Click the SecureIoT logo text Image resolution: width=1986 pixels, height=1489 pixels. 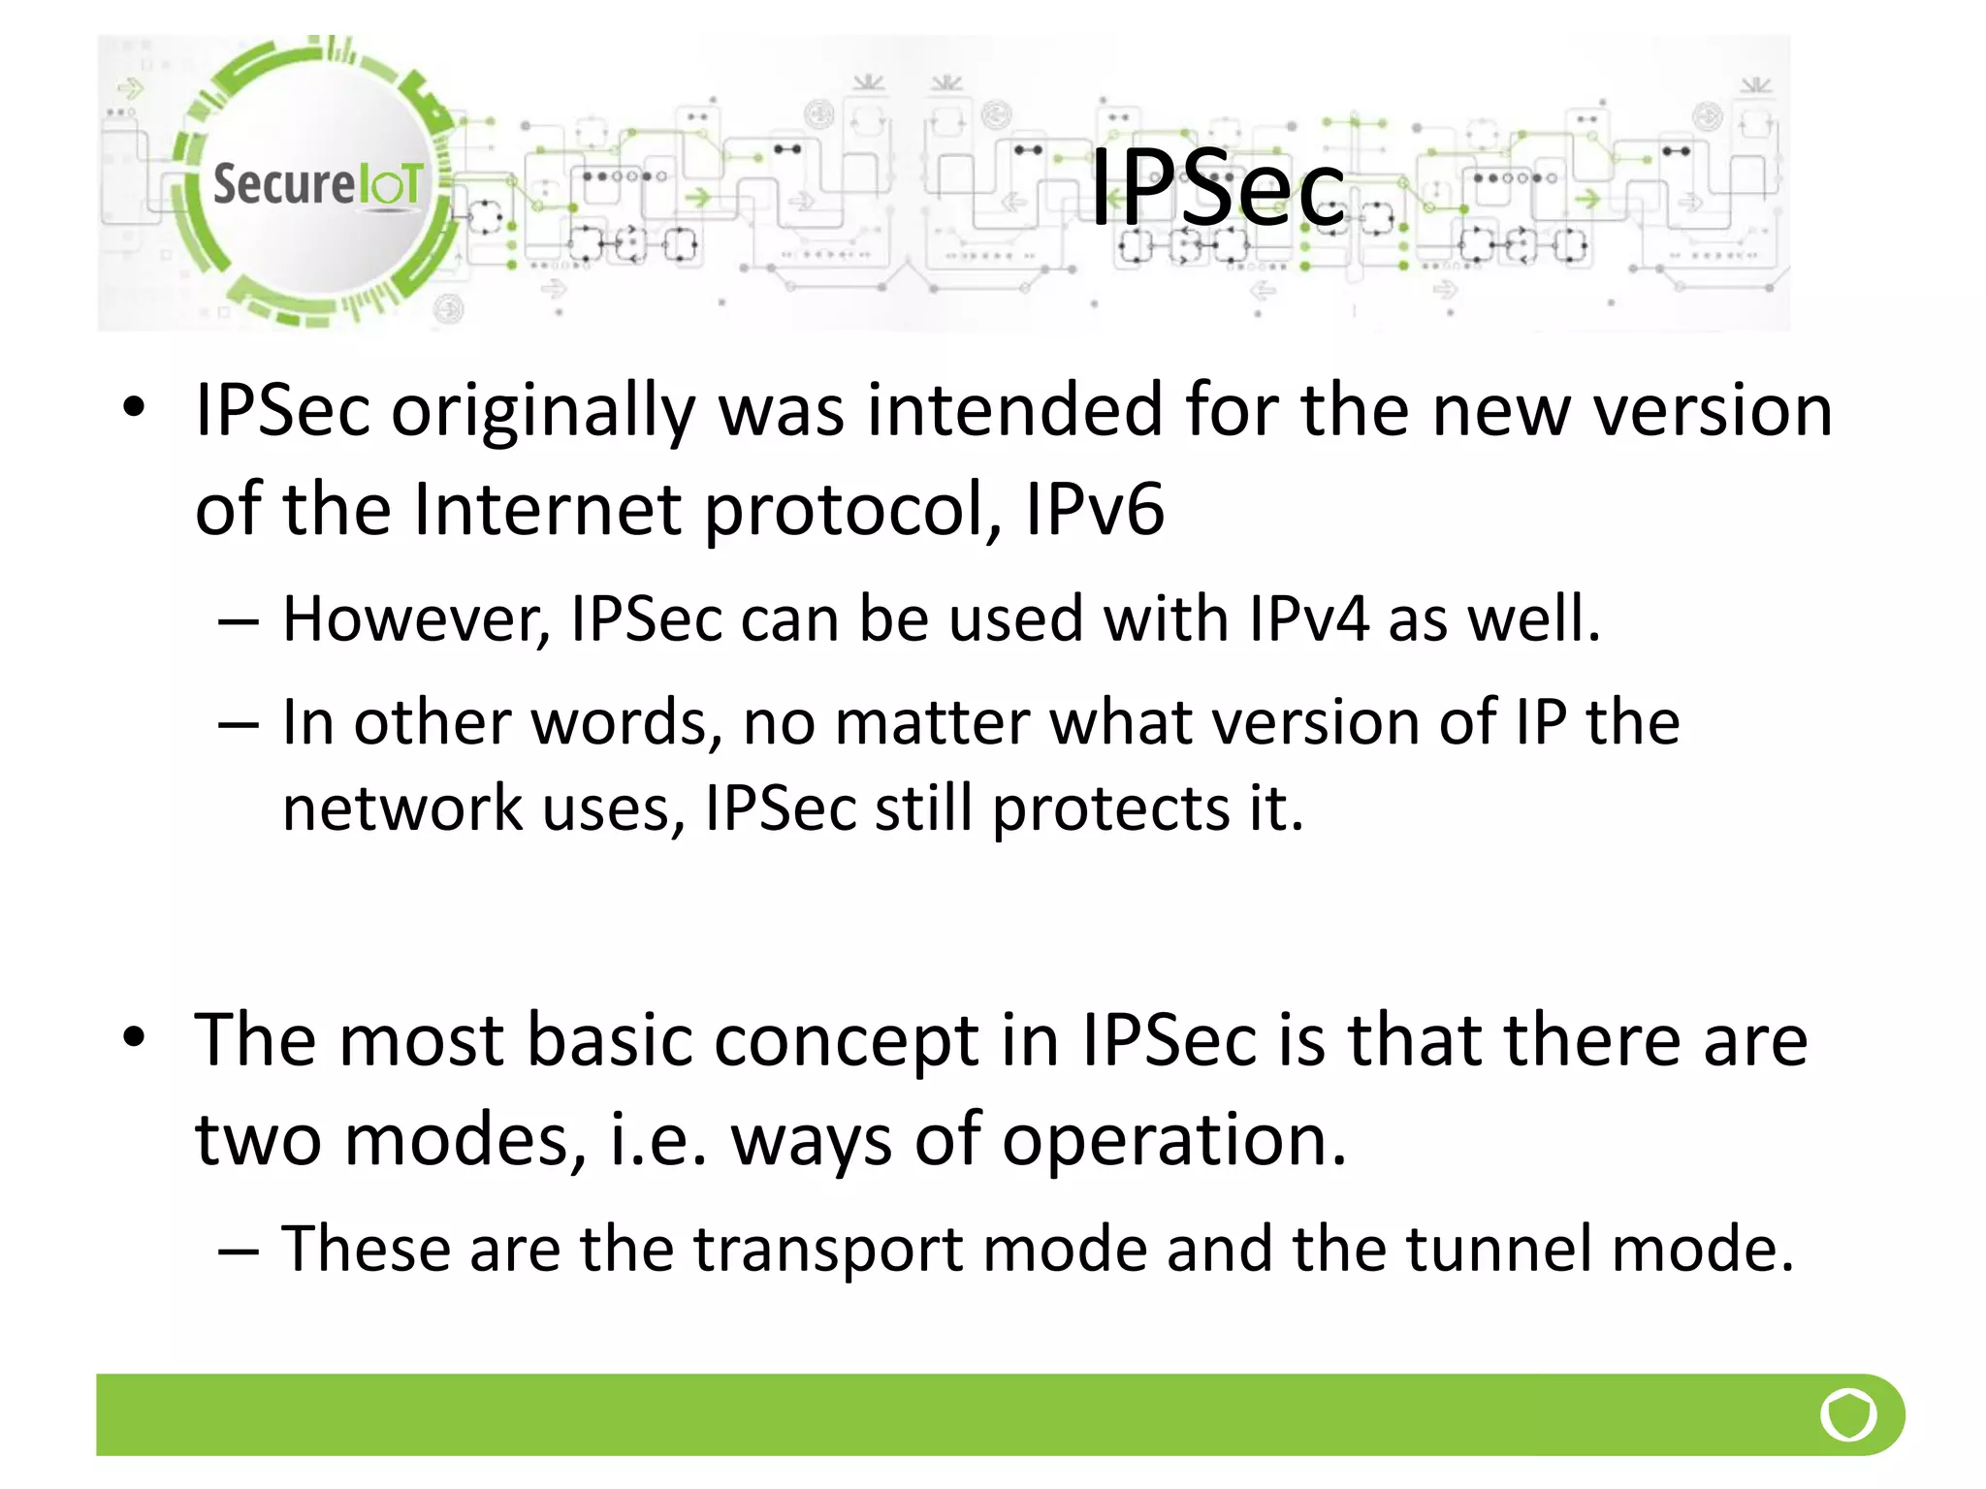(x=317, y=183)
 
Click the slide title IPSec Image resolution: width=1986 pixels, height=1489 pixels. (x=1218, y=188)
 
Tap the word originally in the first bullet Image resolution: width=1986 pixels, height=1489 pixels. (x=542, y=412)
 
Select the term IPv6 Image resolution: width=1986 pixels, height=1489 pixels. (x=1094, y=509)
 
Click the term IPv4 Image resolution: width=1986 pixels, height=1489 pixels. (x=1308, y=618)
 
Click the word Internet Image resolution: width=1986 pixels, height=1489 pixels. (x=548, y=509)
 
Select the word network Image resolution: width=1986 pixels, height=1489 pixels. (x=402, y=808)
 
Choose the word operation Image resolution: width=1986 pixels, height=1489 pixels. (x=1173, y=1142)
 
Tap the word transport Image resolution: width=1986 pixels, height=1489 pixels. (x=828, y=1251)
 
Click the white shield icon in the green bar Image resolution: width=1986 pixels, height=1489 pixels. (x=1848, y=1414)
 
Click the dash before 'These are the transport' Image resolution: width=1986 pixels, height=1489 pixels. (x=238, y=1251)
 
